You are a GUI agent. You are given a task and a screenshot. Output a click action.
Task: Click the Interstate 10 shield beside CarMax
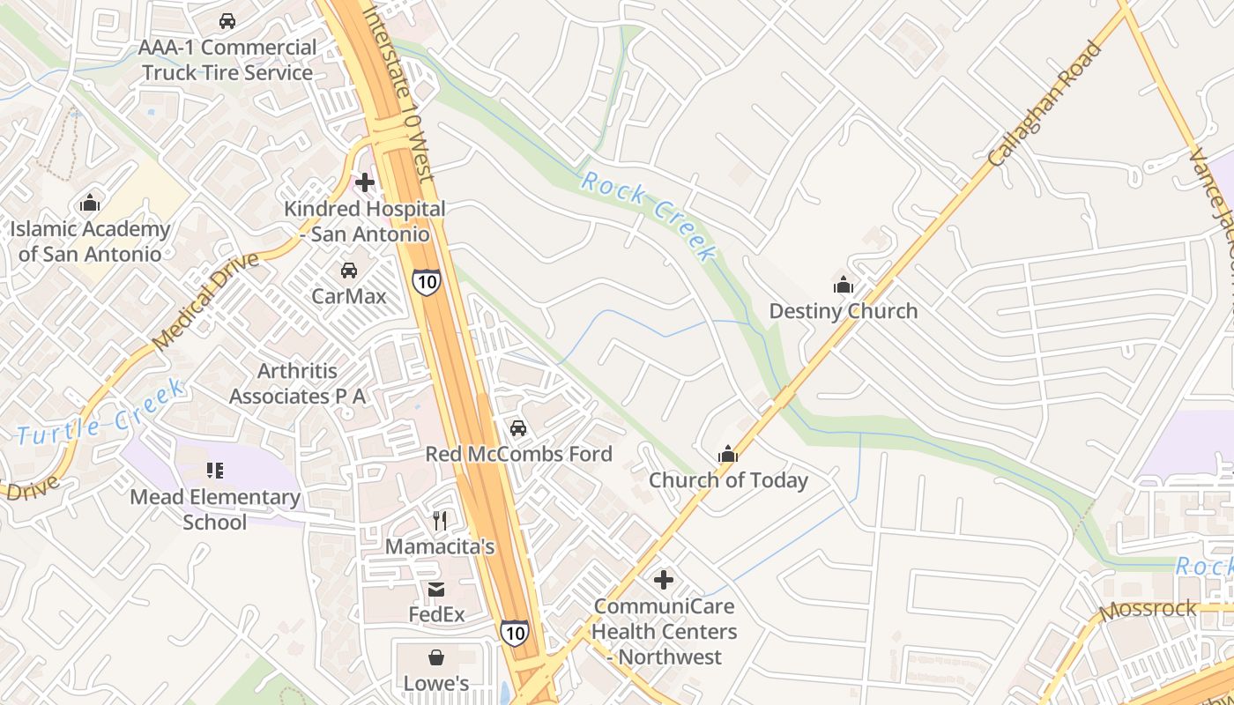click(x=426, y=282)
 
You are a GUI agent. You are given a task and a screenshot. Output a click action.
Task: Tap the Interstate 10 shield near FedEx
click(x=515, y=631)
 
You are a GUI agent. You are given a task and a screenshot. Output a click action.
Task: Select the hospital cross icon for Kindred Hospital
click(x=364, y=182)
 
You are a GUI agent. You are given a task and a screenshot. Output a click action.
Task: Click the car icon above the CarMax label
click(x=349, y=270)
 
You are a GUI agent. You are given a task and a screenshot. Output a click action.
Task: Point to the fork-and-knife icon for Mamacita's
click(x=441, y=521)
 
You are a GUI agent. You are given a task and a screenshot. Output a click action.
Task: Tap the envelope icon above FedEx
click(x=436, y=589)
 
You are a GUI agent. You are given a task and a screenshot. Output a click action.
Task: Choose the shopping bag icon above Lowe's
click(x=436, y=657)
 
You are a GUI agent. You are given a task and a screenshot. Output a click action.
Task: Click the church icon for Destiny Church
click(x=844, y=285)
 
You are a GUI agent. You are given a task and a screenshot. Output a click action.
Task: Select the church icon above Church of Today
click(x=728, y=454)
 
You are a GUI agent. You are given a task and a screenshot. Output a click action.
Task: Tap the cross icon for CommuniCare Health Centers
click(x=664, y=580)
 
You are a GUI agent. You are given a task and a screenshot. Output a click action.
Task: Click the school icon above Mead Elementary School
click(x=215, y=471)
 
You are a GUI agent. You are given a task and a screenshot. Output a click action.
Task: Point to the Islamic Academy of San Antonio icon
click(x=90, y=204)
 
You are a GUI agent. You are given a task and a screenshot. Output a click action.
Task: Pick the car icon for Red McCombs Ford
click(x=518, y=428)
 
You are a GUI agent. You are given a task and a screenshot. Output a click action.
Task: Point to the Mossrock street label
click(x=1149, y=608)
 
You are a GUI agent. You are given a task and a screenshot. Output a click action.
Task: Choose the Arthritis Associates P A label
click(x=297, y=383)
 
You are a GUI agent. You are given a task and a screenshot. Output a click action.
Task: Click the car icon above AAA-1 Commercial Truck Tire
click(x=227, y=21)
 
